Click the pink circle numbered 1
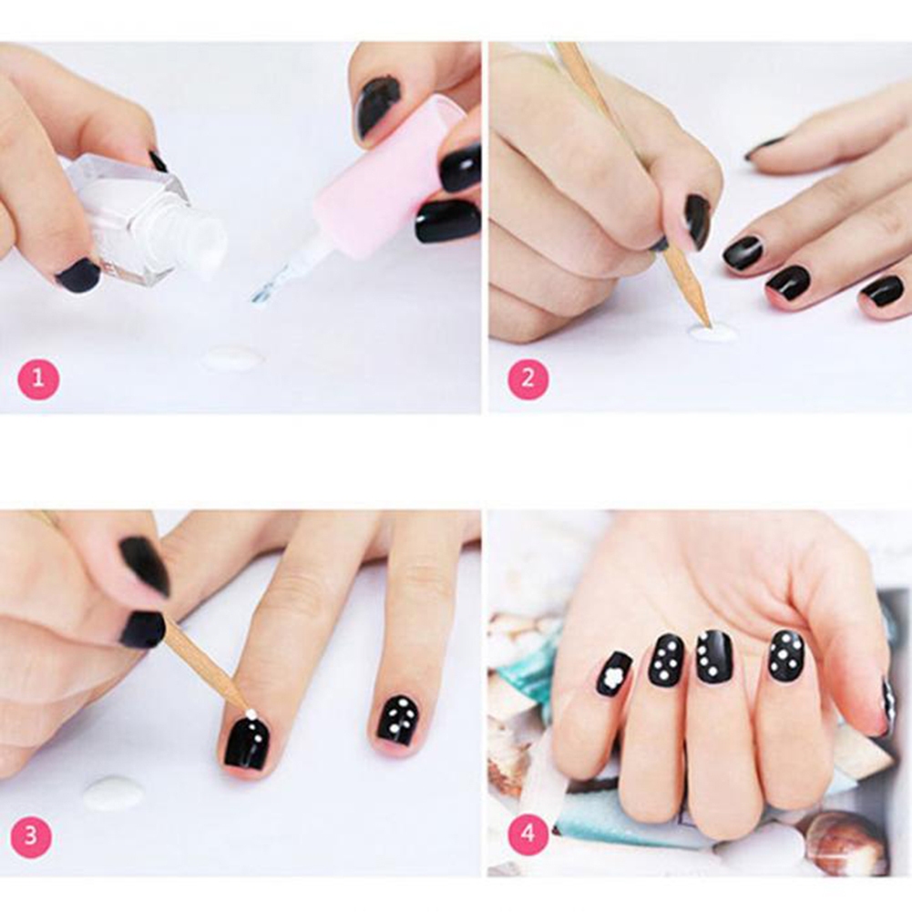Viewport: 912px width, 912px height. [x=38, y=379]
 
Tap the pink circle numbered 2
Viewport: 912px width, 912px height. [x=528, y=379]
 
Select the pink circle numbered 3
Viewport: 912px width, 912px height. [x=31, y=836]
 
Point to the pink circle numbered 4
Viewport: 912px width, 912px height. [x=528, y=833]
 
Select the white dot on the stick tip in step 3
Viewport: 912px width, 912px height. [x=251, y=713]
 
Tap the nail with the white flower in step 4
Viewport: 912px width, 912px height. [x=614, y=673]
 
